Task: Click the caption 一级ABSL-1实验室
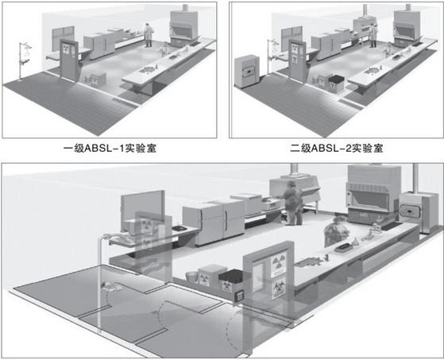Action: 110,148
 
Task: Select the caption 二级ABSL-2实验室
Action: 337,148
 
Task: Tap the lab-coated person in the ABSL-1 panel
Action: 148,35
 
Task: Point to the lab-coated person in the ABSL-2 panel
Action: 373,36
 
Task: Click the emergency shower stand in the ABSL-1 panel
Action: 24,60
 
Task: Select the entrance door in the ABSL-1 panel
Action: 69,60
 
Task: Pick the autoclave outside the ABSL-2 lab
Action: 247,71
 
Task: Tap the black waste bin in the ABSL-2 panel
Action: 336,83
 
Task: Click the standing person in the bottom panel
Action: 294,203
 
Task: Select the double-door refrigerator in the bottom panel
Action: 213,221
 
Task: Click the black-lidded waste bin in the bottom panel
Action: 231,281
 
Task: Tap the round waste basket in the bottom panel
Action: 192,277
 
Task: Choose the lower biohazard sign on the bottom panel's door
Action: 279,288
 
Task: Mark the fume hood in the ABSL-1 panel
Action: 184,28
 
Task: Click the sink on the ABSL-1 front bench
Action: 148,69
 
